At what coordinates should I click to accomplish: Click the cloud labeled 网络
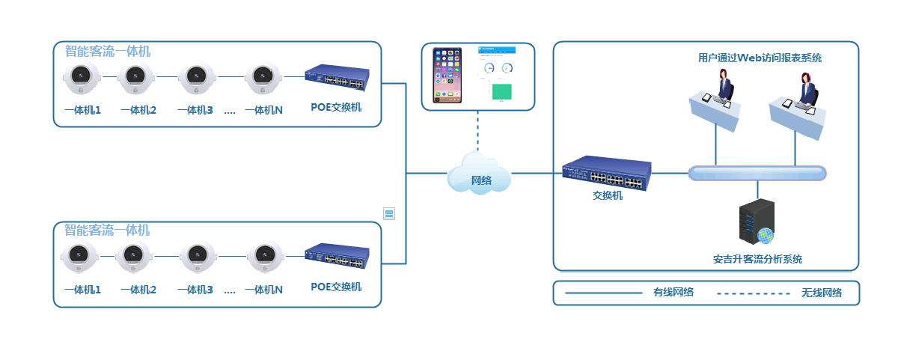479,174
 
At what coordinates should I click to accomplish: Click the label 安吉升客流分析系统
757,259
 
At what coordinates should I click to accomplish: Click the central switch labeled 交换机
607,174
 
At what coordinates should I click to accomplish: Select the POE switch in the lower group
337,256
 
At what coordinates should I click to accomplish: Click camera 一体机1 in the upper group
82,77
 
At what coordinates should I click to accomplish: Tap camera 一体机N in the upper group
263,77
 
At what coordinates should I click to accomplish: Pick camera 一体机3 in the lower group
198,257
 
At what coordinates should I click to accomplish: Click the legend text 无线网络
821,293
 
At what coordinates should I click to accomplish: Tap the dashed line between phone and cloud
478,130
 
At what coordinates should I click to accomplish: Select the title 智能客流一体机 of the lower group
107,230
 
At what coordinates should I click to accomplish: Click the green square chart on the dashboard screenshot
501,91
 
